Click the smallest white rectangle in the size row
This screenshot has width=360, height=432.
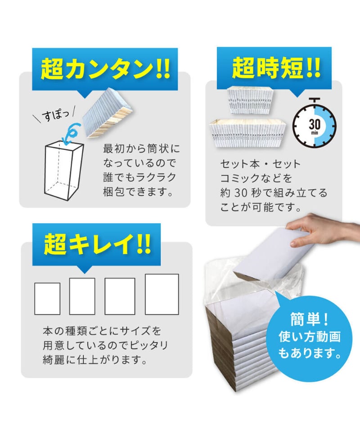tap(47, 299)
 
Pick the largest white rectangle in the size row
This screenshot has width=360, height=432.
tap(162, 294)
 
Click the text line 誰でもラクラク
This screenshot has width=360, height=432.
tap(140, 177)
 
